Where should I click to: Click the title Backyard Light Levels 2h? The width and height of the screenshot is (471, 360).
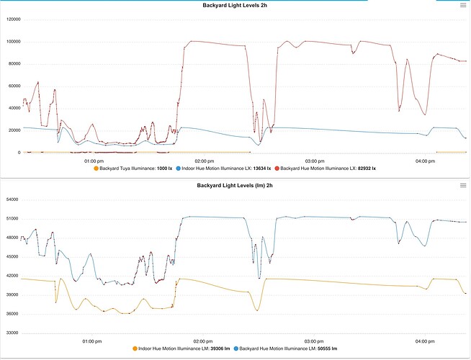[x=235, y=5]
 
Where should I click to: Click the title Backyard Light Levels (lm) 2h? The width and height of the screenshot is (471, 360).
[x=235, y=185]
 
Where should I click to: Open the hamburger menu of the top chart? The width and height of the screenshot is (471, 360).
[x=462, y=5]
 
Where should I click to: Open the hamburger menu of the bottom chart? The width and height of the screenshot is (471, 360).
[x=462, y=186]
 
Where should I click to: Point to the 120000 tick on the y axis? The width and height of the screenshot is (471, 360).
[x=12, y=19]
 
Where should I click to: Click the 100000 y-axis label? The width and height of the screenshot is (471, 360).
[x=12, y=42]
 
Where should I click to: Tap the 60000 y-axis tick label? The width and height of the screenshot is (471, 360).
[x=13, y=86]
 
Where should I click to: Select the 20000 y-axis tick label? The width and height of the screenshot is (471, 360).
[x=13, y=130]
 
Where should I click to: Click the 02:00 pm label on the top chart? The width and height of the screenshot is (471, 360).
[x=203, y=161]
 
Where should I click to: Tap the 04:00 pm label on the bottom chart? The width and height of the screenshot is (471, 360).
[x=424, y=341]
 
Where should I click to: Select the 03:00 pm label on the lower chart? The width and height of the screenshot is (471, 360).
[x=313, y=341]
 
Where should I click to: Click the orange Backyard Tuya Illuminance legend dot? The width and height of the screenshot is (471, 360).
[x=96, y=168]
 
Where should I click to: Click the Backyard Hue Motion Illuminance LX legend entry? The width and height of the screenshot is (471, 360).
[x=328, y=168]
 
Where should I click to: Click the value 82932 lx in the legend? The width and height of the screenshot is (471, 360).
[x=365, y=168]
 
